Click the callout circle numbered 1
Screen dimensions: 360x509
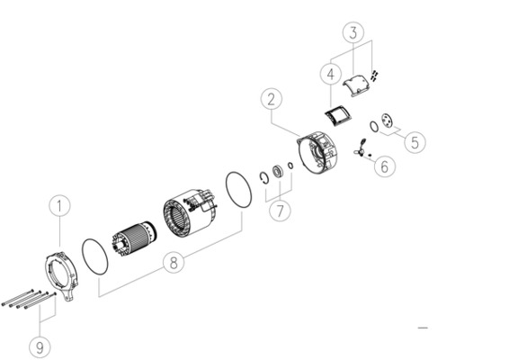pyautogui.click(x=59, y=206)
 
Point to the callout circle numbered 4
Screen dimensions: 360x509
pyautogui.click(x=331, y=73)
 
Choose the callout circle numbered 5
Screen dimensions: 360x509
pyautogui.click(x=414, y=141)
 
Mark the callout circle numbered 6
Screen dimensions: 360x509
pyautogui.click(x=383, y=166)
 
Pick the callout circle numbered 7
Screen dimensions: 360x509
pyautogui.click(x=279, y=212)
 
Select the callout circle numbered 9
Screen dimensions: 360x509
pyautogui.click(x=40, y=345)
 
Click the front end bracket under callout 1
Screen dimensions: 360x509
pyautogui.click(x=59, y=274)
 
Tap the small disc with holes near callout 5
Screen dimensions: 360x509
pyautogui.click(x=388, y=121)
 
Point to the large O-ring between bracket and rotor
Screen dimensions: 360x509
pyautogui.click(x=95, y=256)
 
